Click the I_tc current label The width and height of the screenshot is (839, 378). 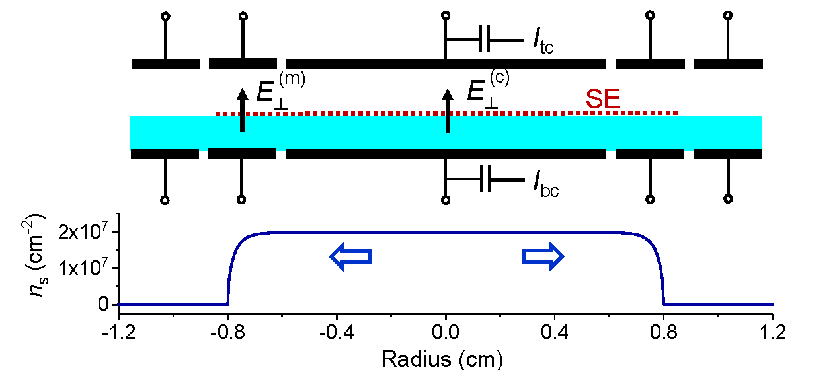click(x=543, y=41)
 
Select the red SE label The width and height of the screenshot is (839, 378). click(x=602, y=100)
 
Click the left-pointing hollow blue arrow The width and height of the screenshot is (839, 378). click(x=350, y=256)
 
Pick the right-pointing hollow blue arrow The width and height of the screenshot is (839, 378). click(x=543, y=256)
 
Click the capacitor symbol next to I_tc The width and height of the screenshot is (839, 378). click(x=484, y=41)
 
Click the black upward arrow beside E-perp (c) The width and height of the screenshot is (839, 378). click(x=447, y=110)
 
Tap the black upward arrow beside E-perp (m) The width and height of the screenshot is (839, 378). click(x=242, y=110)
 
